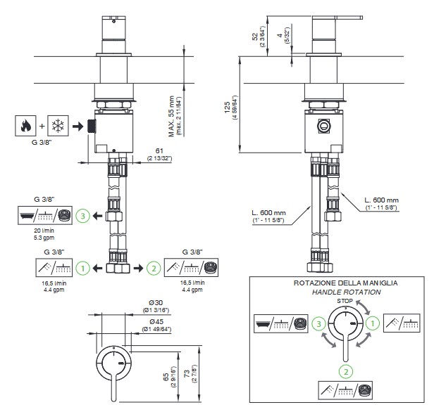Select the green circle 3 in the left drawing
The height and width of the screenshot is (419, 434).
(84, 217)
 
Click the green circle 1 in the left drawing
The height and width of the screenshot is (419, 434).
(83, 268)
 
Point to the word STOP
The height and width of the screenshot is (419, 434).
(345, 299)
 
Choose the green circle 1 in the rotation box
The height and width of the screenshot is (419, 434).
(373, 325)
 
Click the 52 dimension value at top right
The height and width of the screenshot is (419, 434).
(252, 37)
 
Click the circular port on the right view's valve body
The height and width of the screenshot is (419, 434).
(323, 127)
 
